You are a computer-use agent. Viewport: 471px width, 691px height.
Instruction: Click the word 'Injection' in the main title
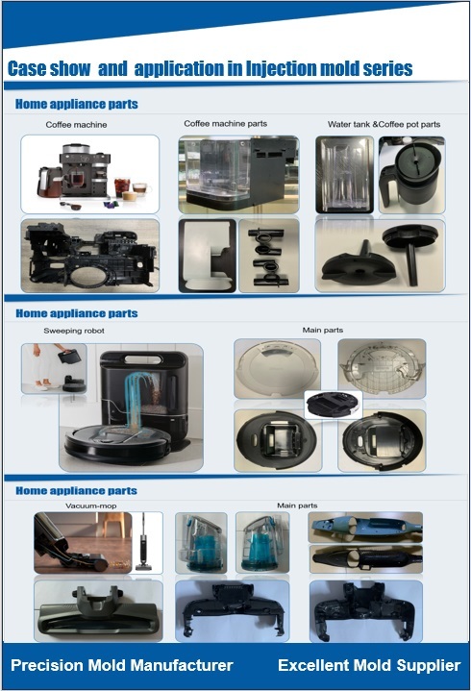tap(281, 69)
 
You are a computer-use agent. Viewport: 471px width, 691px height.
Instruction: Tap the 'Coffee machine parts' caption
tap(226, 124)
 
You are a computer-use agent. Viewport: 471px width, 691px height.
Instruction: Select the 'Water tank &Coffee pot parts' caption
tap(384, 124)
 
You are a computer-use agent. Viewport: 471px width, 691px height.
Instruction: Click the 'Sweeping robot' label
tap(74, 331)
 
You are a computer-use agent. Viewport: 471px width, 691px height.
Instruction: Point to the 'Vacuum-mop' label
tap(91, 506)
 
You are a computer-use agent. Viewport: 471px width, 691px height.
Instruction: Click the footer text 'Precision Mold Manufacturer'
tap(122, 665)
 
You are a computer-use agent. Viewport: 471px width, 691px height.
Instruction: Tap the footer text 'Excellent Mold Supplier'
tap(369, 665)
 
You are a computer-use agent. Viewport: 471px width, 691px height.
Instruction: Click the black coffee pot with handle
tap(412, 175)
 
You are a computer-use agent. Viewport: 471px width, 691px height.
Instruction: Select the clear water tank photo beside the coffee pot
tap(344, 175)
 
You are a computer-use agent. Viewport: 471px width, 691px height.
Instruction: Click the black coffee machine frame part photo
tap(90, 256)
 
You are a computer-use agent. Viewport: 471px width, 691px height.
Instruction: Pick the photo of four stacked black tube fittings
tap(269, 256)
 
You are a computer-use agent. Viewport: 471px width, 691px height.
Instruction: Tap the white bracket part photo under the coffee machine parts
tap(207, 256)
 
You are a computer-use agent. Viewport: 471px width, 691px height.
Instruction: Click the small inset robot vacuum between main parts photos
tap(334, 405)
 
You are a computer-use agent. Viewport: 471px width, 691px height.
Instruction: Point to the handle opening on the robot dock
tap(143, 359)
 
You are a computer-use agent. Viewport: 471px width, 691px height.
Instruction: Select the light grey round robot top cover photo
tap(277, 368)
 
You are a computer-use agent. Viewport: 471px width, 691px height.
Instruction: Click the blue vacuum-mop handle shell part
tap(365, 527)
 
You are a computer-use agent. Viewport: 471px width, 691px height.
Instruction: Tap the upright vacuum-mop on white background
tap(143, 542)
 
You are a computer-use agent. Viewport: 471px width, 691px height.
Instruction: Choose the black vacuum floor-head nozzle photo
tap(98, 611)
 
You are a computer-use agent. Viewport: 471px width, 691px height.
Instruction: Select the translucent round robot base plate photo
tap(382, 368)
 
